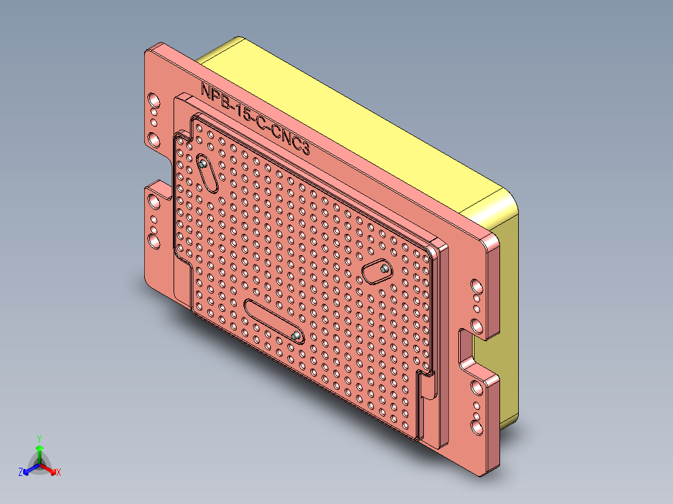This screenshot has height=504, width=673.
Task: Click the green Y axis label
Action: coord(39,439)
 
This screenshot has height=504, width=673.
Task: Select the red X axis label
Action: coord(59,472)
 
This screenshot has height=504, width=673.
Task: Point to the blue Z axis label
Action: coord(21,472)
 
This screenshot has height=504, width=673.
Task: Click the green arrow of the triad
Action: coord(39,452)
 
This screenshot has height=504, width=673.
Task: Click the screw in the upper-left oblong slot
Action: coord(204,165)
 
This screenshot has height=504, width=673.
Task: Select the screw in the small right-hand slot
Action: coord(384,269)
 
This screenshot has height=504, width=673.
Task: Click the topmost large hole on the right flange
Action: coord(476,286)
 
